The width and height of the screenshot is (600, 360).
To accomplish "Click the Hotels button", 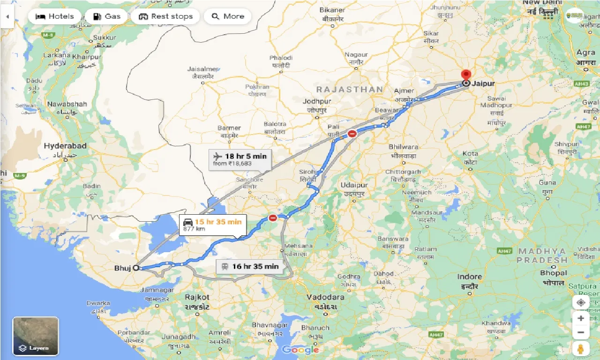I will click(54, 16).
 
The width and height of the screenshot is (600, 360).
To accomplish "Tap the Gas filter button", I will click(107, 16).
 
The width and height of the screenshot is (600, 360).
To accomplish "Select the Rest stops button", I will click(165, 16).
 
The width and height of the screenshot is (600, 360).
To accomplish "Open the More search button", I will click(228, 16).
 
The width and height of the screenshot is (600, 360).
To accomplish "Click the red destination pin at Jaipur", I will click(466, 75).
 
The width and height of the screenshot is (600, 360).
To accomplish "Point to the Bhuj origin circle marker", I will click(136, 268).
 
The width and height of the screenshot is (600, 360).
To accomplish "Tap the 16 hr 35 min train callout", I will click(249, 266).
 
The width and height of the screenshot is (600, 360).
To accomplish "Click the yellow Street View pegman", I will click(580, 349).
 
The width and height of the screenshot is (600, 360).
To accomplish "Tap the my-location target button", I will click(580, 302).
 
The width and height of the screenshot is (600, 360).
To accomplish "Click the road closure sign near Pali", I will click(352, 134).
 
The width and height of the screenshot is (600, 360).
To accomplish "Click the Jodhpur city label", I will click(317, 101).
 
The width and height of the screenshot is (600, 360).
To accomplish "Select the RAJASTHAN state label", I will click(349, 89).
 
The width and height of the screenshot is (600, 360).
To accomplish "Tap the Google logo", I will click(300, 350).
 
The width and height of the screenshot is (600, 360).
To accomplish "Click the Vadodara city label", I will click(325, 297).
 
